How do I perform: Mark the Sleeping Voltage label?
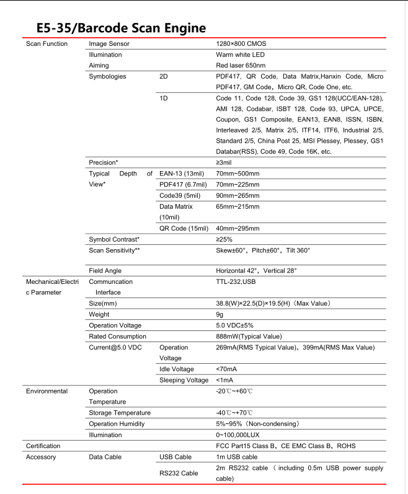tap(184, 379)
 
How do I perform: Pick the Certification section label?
tap(43, 446)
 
